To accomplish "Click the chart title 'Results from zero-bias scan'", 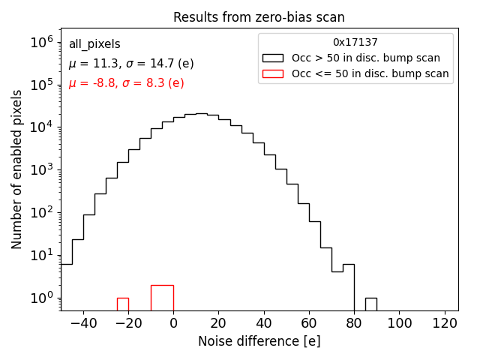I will tap(259, 17).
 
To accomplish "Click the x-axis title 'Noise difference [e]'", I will tap(259, 341).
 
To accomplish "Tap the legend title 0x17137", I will tap(355, 43).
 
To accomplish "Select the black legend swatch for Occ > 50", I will tap(273, 58).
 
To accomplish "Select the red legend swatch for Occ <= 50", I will tap(273, 73).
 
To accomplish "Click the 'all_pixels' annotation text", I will tap(94, 44).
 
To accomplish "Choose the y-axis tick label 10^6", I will tap(41, 42).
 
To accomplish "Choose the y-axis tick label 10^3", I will tap(41, 169).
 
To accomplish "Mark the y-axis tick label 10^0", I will tap(41, 298).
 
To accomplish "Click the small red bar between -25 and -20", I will tap(123, 304).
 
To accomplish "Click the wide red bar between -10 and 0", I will tap(162, 298).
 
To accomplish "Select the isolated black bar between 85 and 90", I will tap(371, 304).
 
